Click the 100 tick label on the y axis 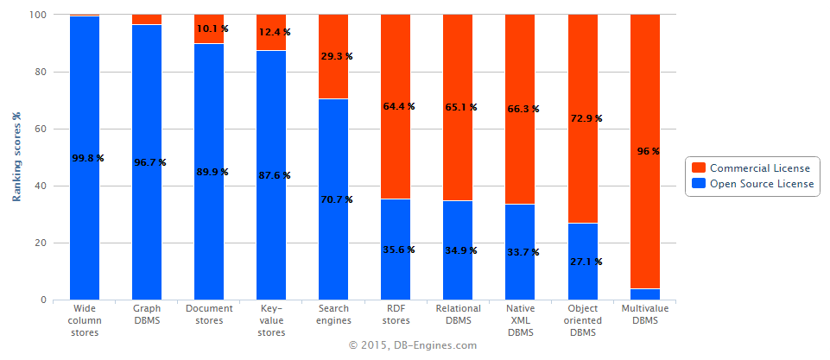[x=37, y=16]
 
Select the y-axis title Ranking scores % [x=16, y=157]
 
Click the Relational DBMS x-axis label [x=458, y=313]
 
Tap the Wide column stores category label [x=85, y=319]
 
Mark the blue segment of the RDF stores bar [x=396, y=276]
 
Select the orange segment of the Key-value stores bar [x=271, y=43]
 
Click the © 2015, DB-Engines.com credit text [x=413, y=344]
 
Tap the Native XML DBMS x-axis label [x=520, y=319]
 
